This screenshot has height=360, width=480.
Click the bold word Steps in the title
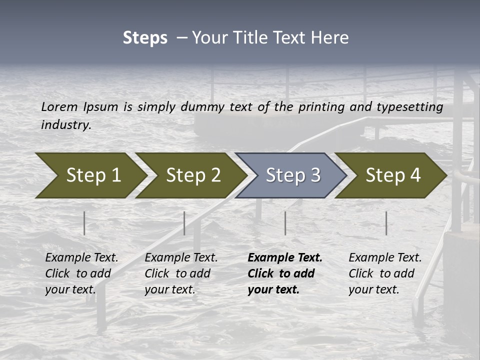pos(145,37)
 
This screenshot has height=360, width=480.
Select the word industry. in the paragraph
pos(66,125)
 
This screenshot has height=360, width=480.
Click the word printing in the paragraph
pos(319,107)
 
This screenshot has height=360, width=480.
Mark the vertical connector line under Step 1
pos(84,223)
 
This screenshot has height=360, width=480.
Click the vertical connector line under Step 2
pos(184,223)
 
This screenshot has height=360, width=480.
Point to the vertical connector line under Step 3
pos(285,223)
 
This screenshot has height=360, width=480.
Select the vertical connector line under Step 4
pos(386,223)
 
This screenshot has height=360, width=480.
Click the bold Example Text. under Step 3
pos(285,258)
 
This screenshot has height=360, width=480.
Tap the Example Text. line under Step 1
pos(81,258)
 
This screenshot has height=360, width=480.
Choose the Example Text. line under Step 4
pos(385,258)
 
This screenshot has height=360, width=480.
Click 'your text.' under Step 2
pos(170,289)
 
